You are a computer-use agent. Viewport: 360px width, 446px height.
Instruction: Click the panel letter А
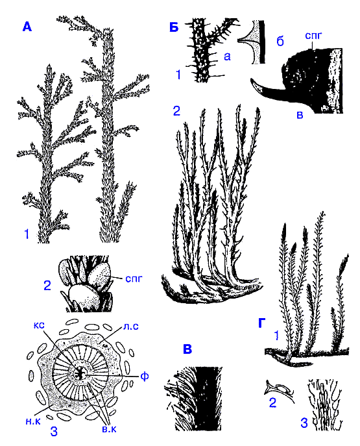tap(27, 27)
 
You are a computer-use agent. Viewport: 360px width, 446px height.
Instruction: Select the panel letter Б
tap(174, 28)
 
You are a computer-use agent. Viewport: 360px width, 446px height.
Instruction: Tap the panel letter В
tap(187, 349)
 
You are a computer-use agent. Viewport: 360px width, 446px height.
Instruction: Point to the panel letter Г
tap(263, 323)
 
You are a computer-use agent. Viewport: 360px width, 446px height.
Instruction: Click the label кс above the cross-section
tap(39, 325)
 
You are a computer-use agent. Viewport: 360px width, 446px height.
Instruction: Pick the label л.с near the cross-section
tap(131, 327)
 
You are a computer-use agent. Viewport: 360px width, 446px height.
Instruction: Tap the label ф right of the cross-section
tap(145, 377)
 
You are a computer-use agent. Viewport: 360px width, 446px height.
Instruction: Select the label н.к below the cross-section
tap(33, 421)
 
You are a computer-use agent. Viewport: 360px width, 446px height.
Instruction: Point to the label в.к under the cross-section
tap(109, 429)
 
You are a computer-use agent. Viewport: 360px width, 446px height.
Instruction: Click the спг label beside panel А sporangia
tap(133, 279)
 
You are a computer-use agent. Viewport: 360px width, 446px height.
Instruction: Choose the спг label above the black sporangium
tap(313, 36)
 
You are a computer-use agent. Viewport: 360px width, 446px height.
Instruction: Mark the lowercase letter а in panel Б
tap(227, 56)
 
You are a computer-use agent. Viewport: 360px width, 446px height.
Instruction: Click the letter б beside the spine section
tap(280, 42)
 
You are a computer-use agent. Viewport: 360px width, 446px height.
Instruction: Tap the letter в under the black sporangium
tap(300, 115)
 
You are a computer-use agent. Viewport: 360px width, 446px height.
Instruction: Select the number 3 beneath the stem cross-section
tap(54, 431)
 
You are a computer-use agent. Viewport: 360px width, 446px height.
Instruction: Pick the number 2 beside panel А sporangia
tap(47, 285)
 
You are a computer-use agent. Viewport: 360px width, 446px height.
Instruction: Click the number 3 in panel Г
tap(304, 423)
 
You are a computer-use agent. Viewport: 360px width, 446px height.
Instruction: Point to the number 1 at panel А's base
tap(27, 234)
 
